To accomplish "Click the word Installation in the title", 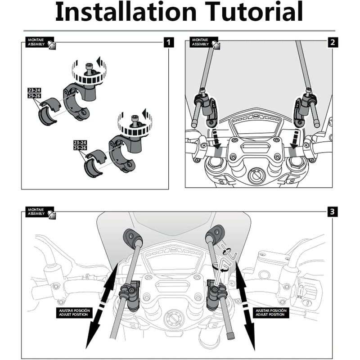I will pos(122,13).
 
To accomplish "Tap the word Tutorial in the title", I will pos(252,13).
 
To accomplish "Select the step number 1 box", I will pos(168,43).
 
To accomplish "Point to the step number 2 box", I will pos(332,43).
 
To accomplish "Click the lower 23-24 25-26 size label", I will pos(80,145).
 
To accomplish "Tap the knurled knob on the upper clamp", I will pos(89,71).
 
